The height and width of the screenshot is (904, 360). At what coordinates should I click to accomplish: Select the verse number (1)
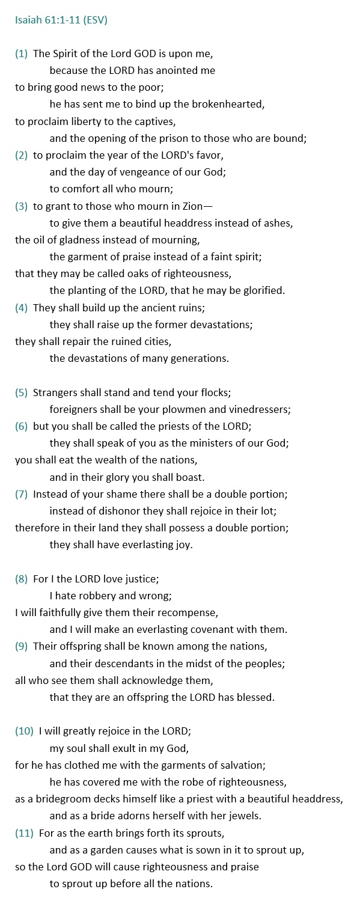(21, 53)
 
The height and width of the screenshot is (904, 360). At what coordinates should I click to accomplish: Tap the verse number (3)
(21, 206)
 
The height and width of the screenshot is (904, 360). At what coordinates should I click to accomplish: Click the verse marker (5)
(21, 392)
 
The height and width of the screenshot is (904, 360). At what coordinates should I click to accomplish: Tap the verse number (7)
(21, 494)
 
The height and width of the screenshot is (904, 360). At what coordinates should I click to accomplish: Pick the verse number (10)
(24, 731)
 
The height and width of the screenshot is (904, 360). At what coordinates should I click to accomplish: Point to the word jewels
(245, 816)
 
